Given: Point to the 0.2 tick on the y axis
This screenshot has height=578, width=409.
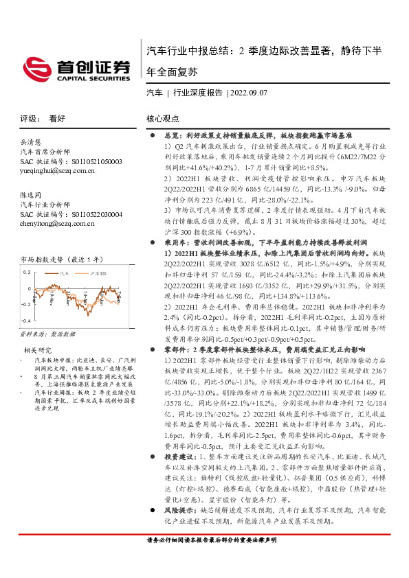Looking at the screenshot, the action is tap(26, 273).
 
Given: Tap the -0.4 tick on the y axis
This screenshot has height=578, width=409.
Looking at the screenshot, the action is tap(25, 321).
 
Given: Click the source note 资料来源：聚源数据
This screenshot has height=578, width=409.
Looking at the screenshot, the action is tap(46, 333).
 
